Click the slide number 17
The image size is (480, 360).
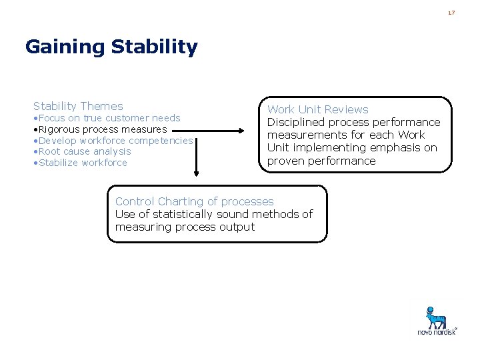click(x=451, y=13)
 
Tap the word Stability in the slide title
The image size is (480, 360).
click(x=155, y=47)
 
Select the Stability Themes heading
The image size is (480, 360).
click(x=78, y=106)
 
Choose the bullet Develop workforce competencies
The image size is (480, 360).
click(x=113, y=141)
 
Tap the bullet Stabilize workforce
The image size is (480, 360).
click(x=80, y=163)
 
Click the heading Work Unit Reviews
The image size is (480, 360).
click(x=317, y=109)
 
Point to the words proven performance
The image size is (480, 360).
click(x=321, y=161)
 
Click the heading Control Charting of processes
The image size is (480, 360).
click(x=194, y=201)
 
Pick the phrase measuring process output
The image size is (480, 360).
click(x=185, y=227)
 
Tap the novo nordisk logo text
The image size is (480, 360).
click(x=437, y=331)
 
